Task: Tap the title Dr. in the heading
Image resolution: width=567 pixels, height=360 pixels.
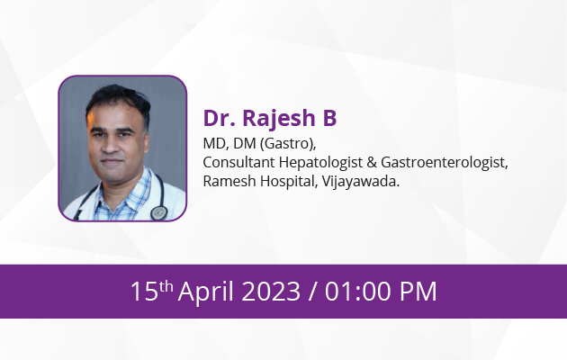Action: coord(219,118)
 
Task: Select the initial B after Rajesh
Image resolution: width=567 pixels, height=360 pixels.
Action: coord(329,118)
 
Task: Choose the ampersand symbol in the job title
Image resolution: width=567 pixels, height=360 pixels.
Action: coord(372,163)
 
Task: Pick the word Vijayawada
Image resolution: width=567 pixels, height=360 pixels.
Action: coord(361,182)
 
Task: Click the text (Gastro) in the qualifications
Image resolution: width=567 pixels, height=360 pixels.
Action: coord(288,144)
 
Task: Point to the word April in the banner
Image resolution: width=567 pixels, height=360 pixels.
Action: coord(206,292)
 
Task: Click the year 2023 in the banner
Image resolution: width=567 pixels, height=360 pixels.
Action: coord(271,292)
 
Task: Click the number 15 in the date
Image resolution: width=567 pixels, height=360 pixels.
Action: coord(145,292)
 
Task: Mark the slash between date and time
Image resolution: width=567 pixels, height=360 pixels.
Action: coord(313,292)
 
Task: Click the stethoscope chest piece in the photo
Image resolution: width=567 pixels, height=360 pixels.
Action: coord(158,212)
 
